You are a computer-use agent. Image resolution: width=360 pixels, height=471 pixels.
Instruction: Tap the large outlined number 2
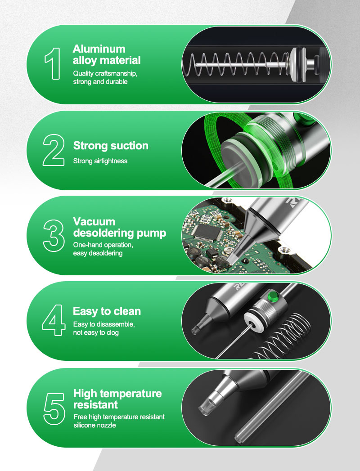coord(54,150)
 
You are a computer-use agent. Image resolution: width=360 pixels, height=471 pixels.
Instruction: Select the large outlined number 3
coord(54,236)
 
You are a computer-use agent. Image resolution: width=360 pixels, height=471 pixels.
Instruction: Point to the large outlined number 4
coord(54,320)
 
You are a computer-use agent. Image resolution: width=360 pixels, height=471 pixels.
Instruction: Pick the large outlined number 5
coord(54,409)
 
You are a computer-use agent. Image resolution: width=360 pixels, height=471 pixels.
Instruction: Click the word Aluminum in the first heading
coord(99,49)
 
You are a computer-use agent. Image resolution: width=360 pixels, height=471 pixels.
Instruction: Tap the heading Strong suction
coord(111,146)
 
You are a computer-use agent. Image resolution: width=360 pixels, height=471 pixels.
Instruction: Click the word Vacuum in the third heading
coord(94,222)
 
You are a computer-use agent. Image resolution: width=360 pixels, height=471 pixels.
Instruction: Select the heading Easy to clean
coord(107,311)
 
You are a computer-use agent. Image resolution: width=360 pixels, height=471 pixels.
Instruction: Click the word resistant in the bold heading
coord(95,404)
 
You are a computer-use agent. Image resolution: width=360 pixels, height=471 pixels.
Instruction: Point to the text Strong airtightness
coord(100,161)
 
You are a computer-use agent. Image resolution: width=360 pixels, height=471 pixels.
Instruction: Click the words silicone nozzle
coord(94,425)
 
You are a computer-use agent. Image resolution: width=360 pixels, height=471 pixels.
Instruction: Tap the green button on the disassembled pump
coord(273,296)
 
